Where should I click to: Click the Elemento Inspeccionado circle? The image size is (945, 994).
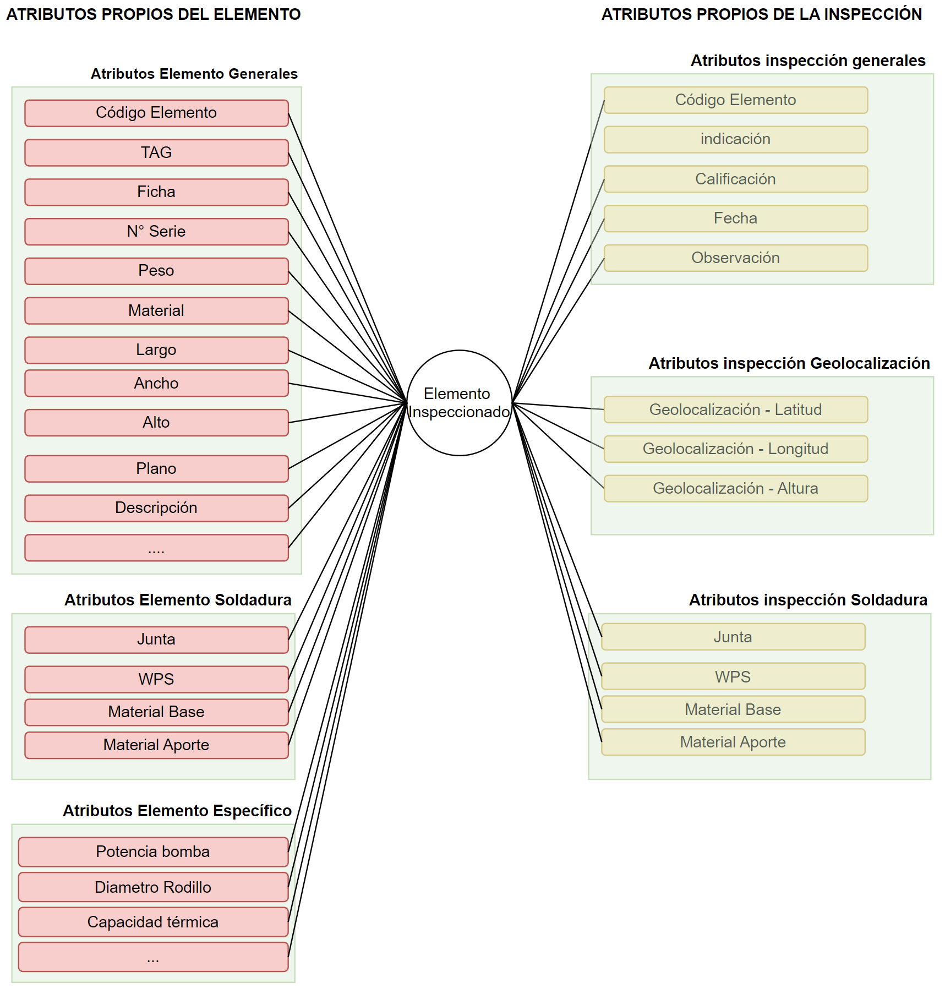[459, 402]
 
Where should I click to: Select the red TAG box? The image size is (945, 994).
[156, 152]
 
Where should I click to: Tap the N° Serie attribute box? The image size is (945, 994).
[156, 232]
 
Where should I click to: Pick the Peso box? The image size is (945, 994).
[156, 271]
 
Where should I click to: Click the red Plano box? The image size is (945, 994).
[156, 468]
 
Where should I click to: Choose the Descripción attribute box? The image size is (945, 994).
[156, 508]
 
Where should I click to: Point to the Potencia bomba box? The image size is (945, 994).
[153, 851]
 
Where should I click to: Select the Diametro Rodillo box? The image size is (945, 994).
[153, 887]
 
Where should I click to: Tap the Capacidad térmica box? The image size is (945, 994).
[153, 922]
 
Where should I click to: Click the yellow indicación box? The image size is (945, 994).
[735, 139]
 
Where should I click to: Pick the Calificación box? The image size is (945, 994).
[735, 179]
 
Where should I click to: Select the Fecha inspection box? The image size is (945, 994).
[735, 219]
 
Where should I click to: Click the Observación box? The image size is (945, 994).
[735, 258]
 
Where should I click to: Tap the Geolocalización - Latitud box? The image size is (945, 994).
[735, 409]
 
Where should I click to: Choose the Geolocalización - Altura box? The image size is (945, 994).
[735, 488]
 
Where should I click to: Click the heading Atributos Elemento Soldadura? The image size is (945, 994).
[178, 600]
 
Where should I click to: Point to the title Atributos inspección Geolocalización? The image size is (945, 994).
[789, 363]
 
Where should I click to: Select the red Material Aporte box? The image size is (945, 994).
[156, 745]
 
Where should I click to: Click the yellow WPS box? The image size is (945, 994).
[733, 676]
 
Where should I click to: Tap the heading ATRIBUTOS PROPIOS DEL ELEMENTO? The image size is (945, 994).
[153, 14]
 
